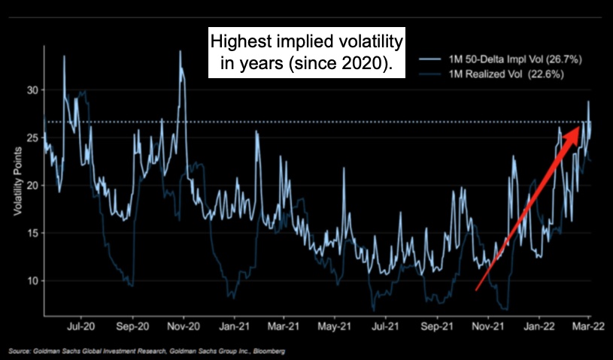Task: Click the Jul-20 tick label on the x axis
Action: (x=80, y=327)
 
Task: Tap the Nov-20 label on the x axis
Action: (x=183, y=327)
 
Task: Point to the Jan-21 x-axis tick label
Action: (x=234, y=327)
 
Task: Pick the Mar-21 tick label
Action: (x=284, y=327)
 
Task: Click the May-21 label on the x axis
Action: (x=335, y=327)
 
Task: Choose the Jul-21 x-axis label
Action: (x=386, y=327)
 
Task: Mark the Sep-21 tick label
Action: (x=436, y=327)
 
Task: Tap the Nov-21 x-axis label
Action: (x=488, y=327)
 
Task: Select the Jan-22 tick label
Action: (x=539, y=327)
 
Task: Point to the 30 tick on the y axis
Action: (x=31, y=90)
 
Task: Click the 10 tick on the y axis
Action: (x=31, y=281)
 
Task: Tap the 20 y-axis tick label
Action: (x=31, y=186)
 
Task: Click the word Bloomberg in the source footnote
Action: (x=269, y=351)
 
